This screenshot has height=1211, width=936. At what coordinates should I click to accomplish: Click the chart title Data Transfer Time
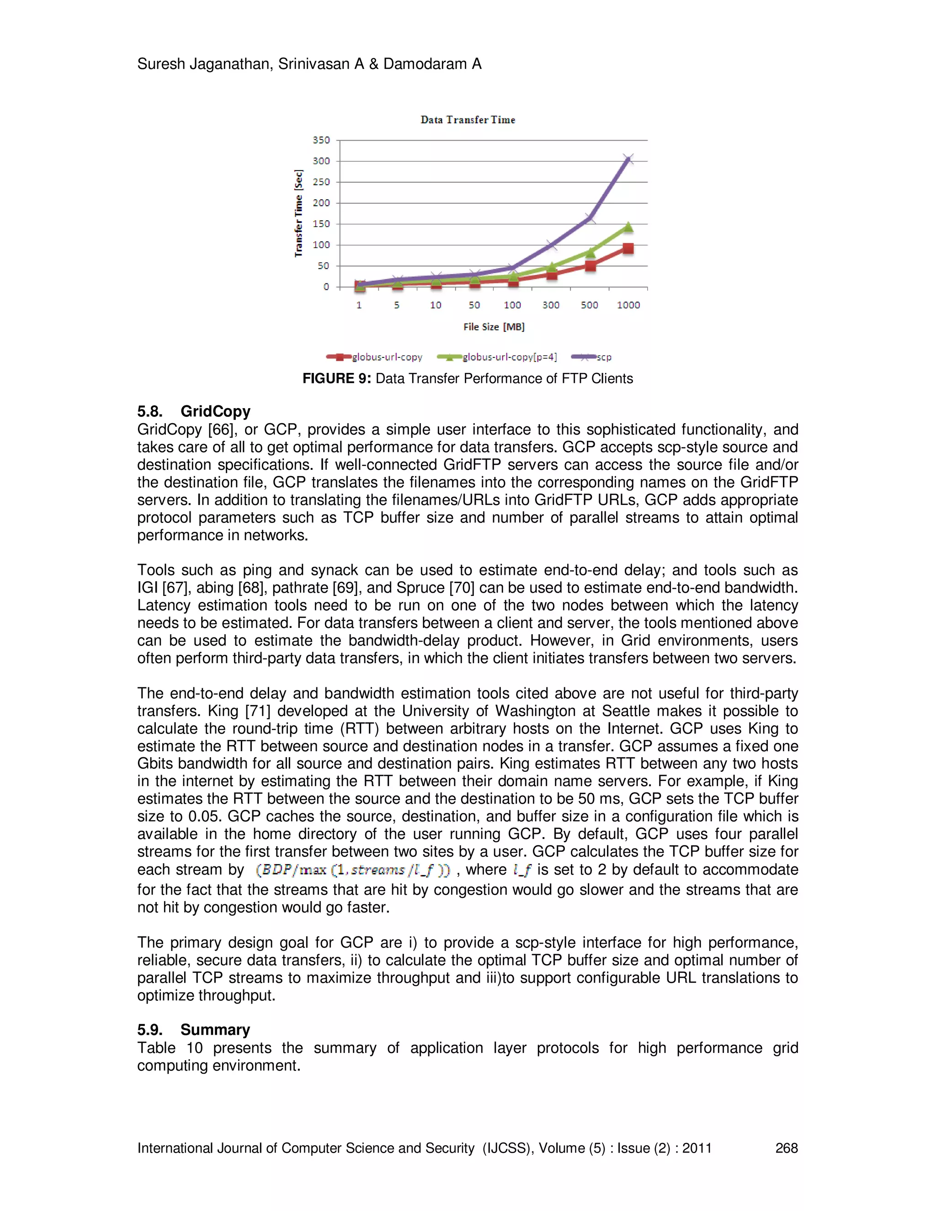point(468,120)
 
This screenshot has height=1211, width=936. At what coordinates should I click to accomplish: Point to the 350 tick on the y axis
point(321,140)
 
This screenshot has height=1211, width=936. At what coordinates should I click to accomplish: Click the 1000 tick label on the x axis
point(628,305)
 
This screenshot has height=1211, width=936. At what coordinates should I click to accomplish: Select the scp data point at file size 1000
point(628,159)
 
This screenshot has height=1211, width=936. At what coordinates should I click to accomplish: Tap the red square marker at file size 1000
point(628,249)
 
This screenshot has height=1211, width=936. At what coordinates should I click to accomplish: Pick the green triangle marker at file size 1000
point(628,227)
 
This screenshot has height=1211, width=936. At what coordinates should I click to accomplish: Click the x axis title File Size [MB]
point(494,327)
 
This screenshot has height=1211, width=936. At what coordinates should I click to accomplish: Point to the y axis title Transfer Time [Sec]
point(299,213)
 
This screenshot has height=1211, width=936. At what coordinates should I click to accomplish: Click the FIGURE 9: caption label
point(336,379)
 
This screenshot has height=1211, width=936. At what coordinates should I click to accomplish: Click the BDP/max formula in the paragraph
point(353,870)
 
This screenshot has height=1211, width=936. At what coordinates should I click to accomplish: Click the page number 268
point(786,1148)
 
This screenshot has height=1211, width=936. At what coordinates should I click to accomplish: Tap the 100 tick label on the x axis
point(512,305)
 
